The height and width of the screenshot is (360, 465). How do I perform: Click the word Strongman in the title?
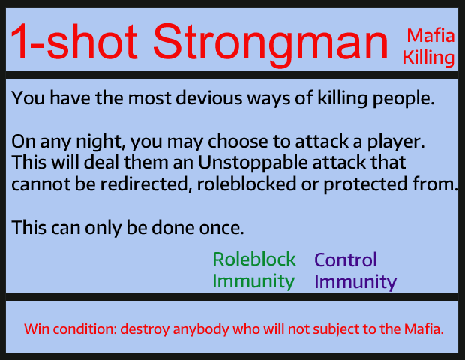[x=271, y=44]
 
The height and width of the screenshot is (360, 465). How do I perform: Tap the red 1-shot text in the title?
[x=74, y=41]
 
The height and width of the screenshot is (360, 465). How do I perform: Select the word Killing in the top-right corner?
[x=428, y=58]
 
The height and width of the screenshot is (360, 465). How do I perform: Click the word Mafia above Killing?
[x=430, y=36]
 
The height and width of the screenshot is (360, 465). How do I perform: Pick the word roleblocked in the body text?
[x=247, y=184]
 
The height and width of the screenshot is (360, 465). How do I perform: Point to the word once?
[x=221, y=228]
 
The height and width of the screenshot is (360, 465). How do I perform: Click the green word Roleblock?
[x=254, y=259]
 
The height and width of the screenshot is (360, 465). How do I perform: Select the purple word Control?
[x=346, y=259]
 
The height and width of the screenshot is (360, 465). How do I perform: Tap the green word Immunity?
[x=253, y=281]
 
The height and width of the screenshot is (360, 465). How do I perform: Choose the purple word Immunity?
[x=355, y=282]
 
